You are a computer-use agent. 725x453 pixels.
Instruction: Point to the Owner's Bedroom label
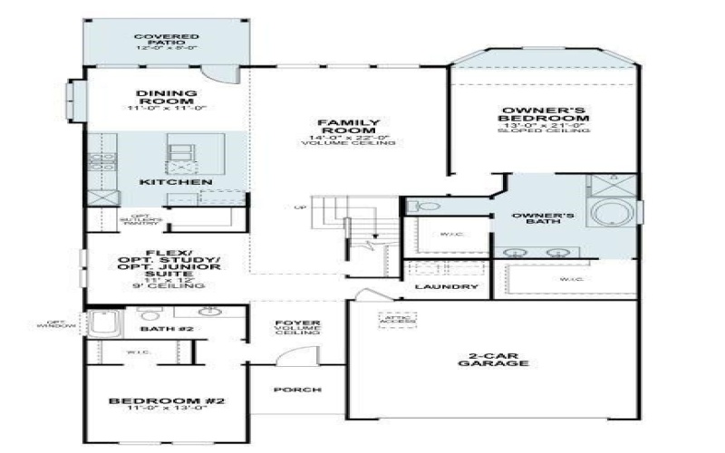click(545, 115)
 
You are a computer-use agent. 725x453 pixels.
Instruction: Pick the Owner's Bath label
click(544, 219)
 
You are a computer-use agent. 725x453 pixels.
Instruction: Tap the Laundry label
click(446, 287)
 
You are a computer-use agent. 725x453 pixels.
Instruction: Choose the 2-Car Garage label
click(493, 358)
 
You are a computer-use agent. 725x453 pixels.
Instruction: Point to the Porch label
click(296, 390)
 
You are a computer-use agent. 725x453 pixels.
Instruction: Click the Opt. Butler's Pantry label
click(141, 219)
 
